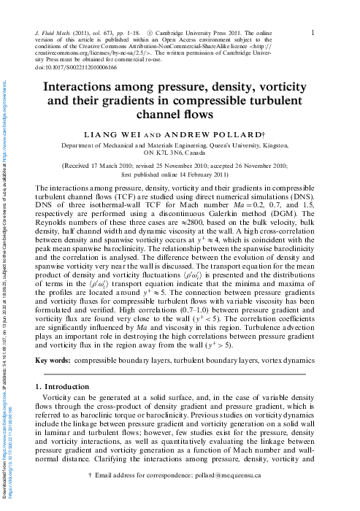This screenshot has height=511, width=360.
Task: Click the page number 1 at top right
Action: pos(313,32)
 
